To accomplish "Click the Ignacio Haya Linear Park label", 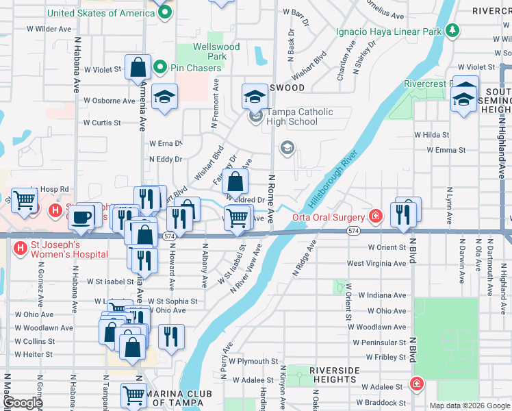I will tap(389, 32).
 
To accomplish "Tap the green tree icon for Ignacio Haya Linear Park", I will tap(452, 31).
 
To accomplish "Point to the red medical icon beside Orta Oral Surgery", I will tap(375, 217).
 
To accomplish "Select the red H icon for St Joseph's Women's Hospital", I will tap(21, 247).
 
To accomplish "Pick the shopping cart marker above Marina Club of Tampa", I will tap(133, 395).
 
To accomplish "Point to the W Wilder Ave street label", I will tap(49, 29).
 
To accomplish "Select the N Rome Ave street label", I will tap(271, 201).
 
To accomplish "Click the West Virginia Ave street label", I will tap(376, 263).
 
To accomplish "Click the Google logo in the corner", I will tap(23, 402).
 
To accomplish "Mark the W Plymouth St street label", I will tap(253, 360).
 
